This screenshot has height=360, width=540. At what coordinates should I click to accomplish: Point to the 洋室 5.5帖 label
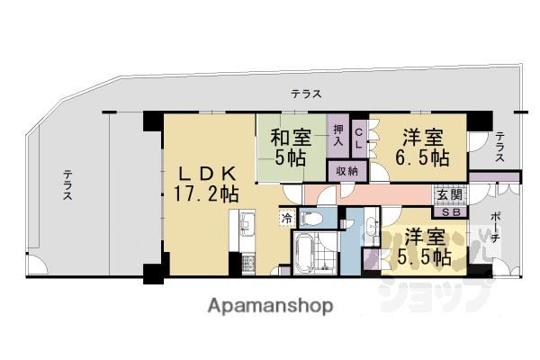tap(427, 247)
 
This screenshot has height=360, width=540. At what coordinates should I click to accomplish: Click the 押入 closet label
tap(338, 136)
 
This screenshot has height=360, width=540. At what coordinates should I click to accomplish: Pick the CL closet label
tap(358, 137)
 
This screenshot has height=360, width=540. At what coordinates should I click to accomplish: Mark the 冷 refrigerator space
tap(286, 218)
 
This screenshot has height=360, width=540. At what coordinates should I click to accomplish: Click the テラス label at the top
tap(306, 94)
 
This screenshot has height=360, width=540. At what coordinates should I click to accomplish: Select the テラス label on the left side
tap(67, 192)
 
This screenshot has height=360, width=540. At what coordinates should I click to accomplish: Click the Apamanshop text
tap(270, 305)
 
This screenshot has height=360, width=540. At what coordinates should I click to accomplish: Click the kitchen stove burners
tap(244, 262)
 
